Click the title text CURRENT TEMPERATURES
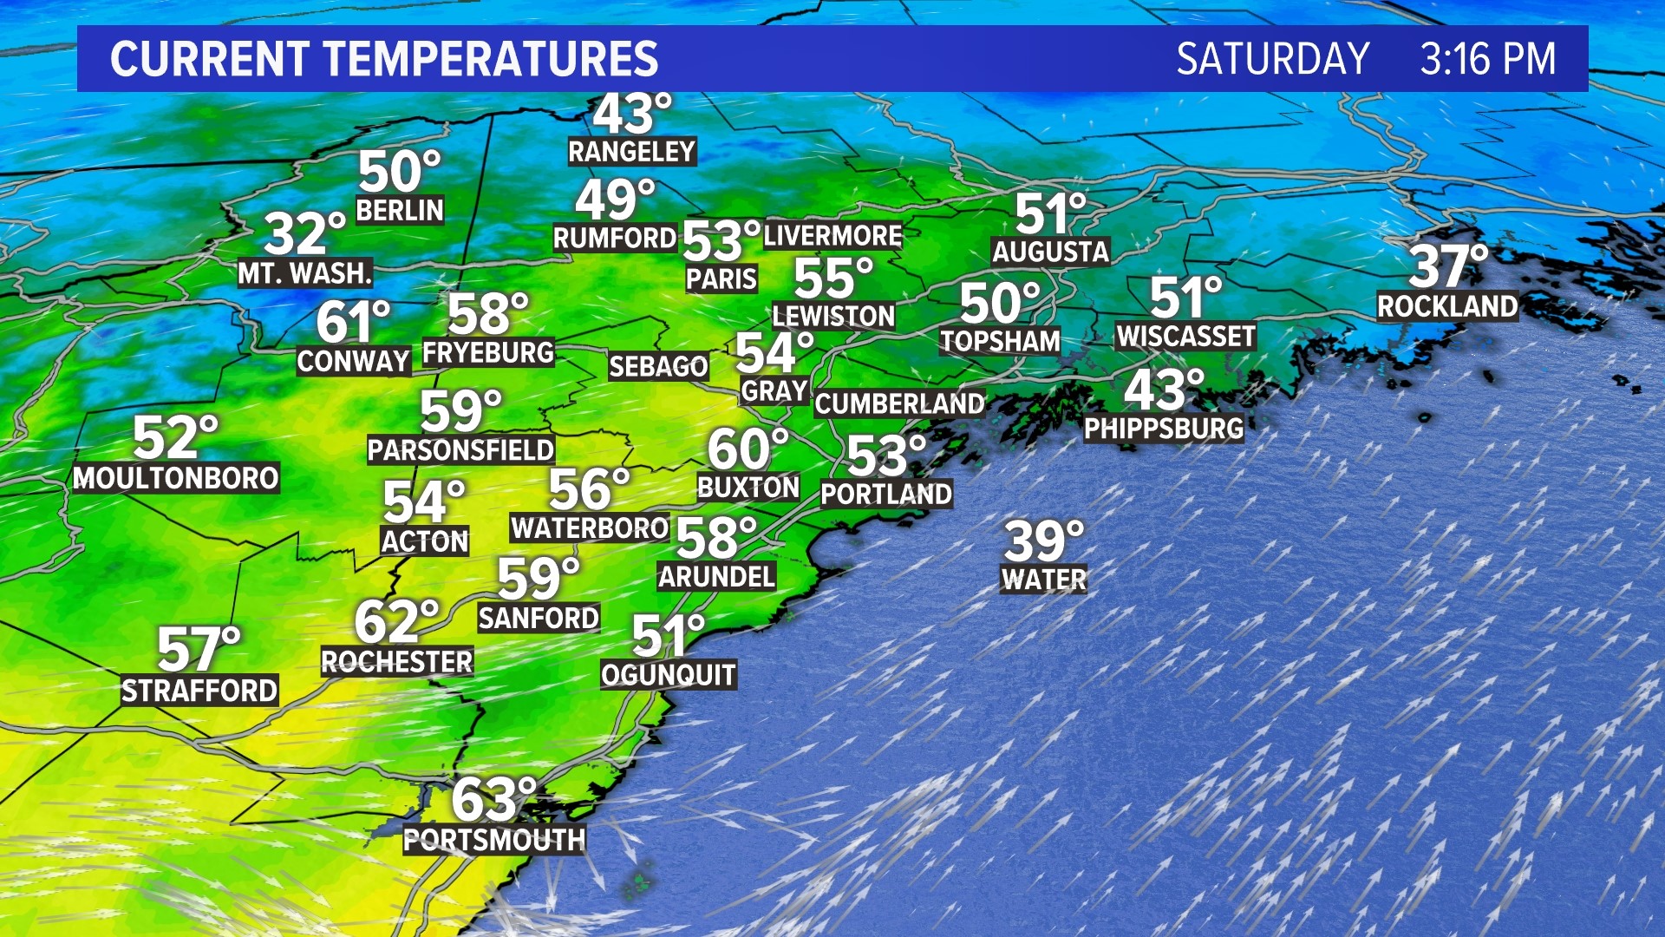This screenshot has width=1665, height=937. [x=383, y=59]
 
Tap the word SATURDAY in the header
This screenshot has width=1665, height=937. [x=1272, y=59]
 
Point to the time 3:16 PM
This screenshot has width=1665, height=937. [x=1487, y=59]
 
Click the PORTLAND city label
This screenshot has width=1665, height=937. [x=886, y=494]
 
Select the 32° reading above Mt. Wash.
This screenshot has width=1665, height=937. [x=304, y=233]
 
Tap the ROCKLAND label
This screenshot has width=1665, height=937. [x=1447, y=306]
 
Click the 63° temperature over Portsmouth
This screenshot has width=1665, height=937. [x=493, y=799]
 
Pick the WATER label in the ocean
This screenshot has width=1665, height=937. [x=1043, y=579]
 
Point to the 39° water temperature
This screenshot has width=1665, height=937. [x=1043, y=541]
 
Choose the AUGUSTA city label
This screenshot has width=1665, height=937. [x=1050, y=252]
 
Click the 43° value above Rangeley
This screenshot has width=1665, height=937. [x=631, y=115]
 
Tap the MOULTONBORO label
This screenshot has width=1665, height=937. [x=175, y=478]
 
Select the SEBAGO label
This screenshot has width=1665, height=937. [x=658, y=366]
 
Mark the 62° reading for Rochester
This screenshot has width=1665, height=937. [x=395, y=621]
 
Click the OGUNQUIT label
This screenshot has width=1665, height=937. [x=669, y=675]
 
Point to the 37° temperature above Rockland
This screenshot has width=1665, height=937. [x=1447, y=265]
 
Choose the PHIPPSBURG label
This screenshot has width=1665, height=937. [x=1164, y=429]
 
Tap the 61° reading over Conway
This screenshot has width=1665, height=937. [x=352, y=321]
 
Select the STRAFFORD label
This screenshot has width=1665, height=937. [x=199, y=691]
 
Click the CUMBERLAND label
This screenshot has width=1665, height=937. [x=899, y=403]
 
